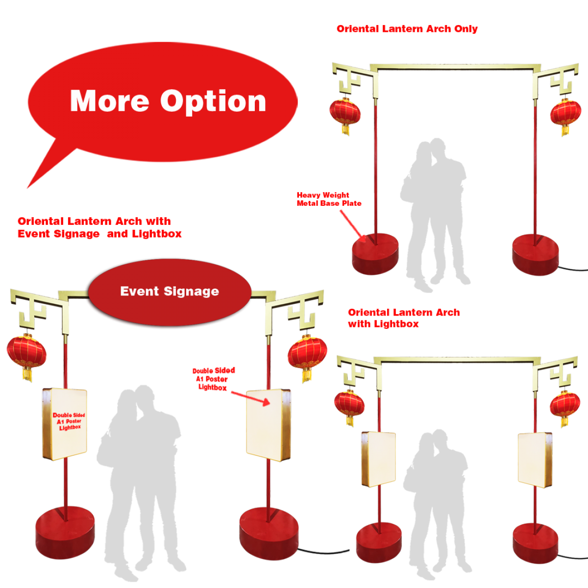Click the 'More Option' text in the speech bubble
pos(168,101)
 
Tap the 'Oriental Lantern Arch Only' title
pos(407,29)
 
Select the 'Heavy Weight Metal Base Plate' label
pos(329,199)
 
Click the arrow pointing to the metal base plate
pos(353,226)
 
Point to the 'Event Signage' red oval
pos(170,292)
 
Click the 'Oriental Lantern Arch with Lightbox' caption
pos(404,318)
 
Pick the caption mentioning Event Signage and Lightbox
pos(99,227)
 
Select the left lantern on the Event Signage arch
pos(26,357)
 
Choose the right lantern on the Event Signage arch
pos(307,358)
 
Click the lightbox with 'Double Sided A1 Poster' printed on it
pos(65,424)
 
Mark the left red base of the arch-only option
pos(375,254)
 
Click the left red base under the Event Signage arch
pos(65,533)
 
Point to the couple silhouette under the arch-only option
pos(435,214)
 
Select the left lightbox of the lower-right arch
pos(378,459)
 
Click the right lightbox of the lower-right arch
pos(535,460)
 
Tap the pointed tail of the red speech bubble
pos(28,187)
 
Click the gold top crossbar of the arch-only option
pos(455,67)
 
